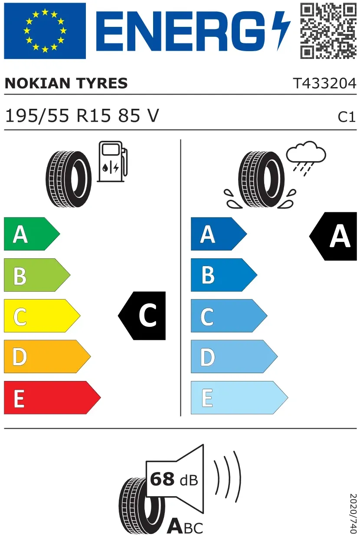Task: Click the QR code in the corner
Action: tap(328, 31)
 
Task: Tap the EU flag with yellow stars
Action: tap(45, 31)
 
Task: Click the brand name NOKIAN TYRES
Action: tap(66, 83)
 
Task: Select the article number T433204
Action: tap(325, 83)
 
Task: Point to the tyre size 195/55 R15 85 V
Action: tap(82, 116)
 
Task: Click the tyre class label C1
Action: tap(347, 117)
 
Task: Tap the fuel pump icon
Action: tap(112, 161)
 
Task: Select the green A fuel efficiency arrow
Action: tap(32, 234)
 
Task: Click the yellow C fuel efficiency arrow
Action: tap(42, 316)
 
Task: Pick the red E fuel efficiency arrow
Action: tap(52, 397)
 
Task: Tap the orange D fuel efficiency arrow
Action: tap(47, 356)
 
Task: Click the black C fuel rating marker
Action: tap(142, 316)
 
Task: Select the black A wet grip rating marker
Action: tap(333, 236)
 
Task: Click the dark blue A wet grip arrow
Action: tap(219, 234)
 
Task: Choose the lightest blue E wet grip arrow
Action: tap(239, 397)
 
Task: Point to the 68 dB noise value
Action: tap(174, 479)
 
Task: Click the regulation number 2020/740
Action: tap(353, 513)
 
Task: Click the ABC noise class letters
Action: tap(185, 526)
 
